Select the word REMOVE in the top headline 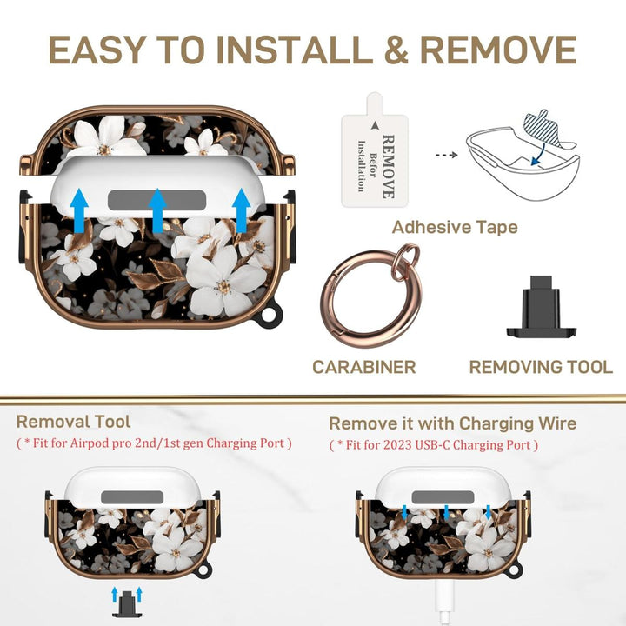point(498,50)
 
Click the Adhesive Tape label point(455,227)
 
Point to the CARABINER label point(363,367)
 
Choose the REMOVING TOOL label point(541,367)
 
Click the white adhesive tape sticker point(375,151)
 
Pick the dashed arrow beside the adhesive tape point(446,155)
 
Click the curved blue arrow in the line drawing point(540,154)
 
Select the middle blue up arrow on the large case point(157,210)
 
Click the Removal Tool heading point(73,422)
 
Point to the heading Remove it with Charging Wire point(453,423)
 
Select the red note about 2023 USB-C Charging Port point(434,445)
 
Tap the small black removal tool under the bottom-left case point(127,604)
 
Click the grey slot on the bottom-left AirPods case point(132,497)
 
